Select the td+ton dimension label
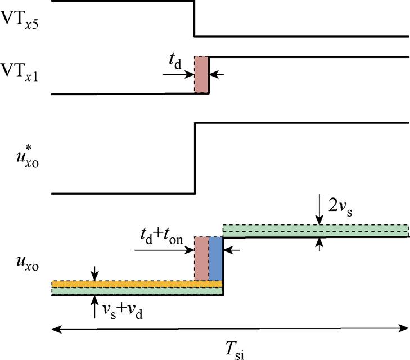click(162, 236)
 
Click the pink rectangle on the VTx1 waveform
click(201, 74)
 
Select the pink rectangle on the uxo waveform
click(201, 258)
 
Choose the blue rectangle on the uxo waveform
click(216, 258)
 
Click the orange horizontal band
click(137, 284)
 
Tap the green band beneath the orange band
click(137, 291)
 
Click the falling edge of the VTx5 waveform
click(194, 19)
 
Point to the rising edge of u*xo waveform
click(195, 158)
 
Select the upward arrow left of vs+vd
click(94, 307)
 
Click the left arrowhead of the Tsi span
click(56, 328)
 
